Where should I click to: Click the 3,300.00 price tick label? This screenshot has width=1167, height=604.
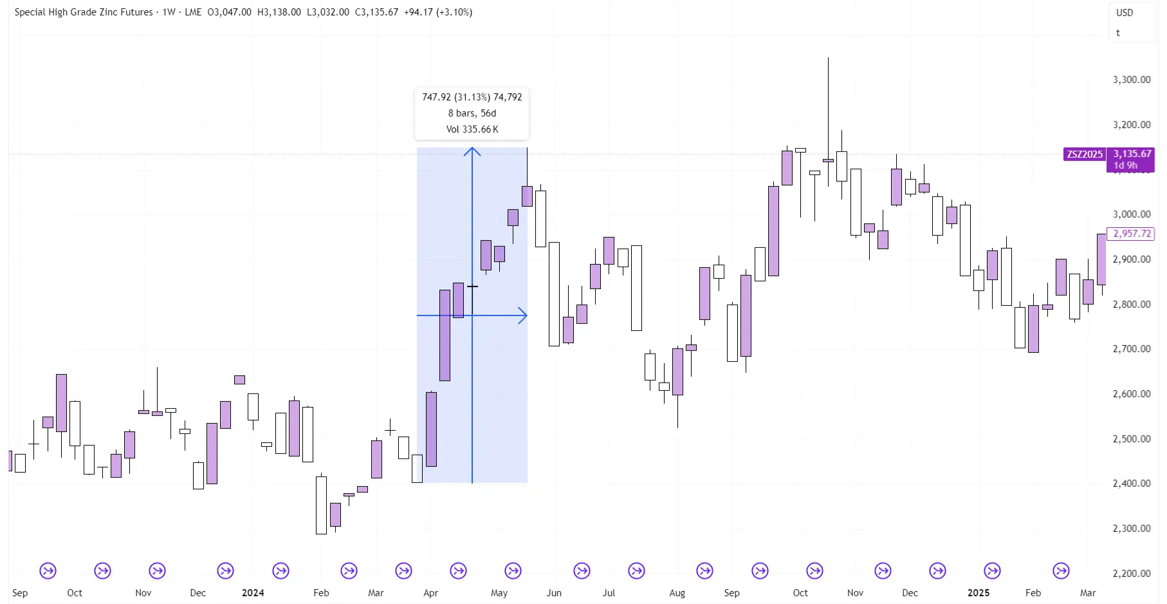pyautogui.click(x=1131, y=80)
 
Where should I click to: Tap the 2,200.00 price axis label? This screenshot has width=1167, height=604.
pyautogui.click(x=1131, y=573)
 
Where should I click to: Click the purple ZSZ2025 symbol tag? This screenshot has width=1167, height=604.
pyautogui.click(x=1085, y=155)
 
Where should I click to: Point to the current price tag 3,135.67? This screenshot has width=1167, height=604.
pyautogui.click(x=1132, y=154)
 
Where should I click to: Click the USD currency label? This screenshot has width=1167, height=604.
pyautogui.click(x=1125, y=13)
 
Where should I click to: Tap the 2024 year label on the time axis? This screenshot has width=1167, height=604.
pyautogui.click(x=253, y=593)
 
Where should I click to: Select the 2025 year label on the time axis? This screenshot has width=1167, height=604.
pyautogui.click(x=979, y=593)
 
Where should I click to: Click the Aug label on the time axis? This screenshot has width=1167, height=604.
pyautogui.click(x=677, y=593)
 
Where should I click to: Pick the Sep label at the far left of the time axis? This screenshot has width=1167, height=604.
pyautogui.click(x=20, y=593)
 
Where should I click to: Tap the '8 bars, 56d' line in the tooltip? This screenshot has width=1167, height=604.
pyautogui.click(x=472, y=113)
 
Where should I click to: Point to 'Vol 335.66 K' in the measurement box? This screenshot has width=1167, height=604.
pyautogui.click(x=472, y=129)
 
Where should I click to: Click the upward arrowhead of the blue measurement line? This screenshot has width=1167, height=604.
pyautogui.click(x=472, y=151)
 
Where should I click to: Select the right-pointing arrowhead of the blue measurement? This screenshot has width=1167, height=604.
pyautogui.click(x=523, y=316)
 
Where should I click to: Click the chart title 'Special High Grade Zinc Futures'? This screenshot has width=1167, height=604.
pyautogui.click(x=84, y=12)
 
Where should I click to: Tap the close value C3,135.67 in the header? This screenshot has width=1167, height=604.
pyautogui.click(x=376, y=12)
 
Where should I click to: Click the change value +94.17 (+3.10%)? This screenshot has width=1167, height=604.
pyautogui.click(x=438, y=12)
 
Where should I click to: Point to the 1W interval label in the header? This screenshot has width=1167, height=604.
pyautogui.click(x=169, y=12)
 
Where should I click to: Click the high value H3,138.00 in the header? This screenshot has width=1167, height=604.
pyautogui.click(x=279, y=12)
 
